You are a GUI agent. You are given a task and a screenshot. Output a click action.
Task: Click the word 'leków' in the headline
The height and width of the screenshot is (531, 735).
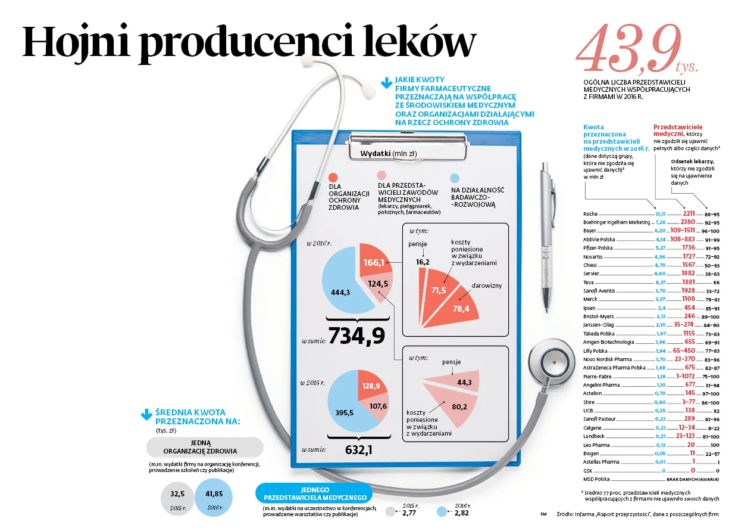pyautogui.click(x=420, y=43)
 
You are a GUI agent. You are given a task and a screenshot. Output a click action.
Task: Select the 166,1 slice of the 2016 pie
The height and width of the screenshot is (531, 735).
pyautogui.click(x=375, y=260)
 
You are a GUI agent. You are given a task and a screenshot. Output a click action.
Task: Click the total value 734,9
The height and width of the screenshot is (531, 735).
pyautogui.click(x=356, y=336)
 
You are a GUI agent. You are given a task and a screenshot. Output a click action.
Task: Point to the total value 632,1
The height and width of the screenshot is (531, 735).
pyautogui.click(x=359, y=450)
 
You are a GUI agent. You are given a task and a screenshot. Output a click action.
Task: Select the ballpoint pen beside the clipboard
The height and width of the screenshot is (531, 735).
pyautogui.click(x=546, y=237)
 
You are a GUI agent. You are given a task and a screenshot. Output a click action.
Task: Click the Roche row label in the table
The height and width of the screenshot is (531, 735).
pyautogui.click(x=590, y=214)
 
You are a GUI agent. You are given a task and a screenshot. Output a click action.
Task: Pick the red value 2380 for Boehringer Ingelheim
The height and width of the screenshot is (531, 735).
pyautogui.click(x=687, y=222)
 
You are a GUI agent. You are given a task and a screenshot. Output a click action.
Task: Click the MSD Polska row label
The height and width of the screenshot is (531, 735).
pyautogui.click(x=596, y=479)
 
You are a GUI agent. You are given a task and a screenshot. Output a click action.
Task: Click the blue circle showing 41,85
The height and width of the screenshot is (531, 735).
pyautogui.click(x=214, y=498)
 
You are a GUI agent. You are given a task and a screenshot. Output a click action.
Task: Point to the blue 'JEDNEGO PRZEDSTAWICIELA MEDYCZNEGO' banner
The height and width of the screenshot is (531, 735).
pyautogui.click(x=315, y=493)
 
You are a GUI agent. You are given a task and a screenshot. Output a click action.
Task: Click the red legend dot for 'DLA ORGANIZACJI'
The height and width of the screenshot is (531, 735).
pyautogui.click(x=333, y=178)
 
